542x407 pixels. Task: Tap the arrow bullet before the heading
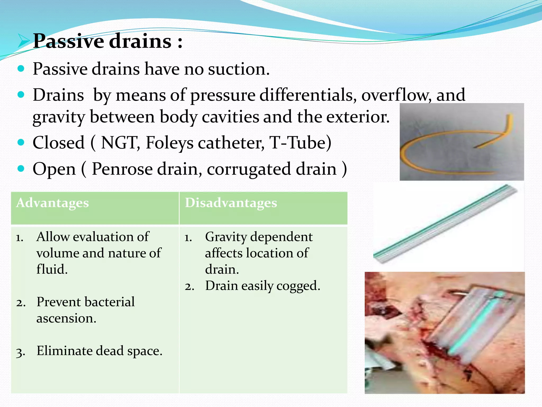(24, 41)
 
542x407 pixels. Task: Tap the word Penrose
(122, 169)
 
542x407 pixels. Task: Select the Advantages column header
(52, 203)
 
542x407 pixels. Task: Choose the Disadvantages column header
(231, 203)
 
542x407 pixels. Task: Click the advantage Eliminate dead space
(99, 351)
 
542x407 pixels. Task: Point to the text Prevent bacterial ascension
(85, 309)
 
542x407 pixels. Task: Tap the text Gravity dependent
(259, 237)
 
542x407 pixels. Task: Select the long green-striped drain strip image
(445, 224)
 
